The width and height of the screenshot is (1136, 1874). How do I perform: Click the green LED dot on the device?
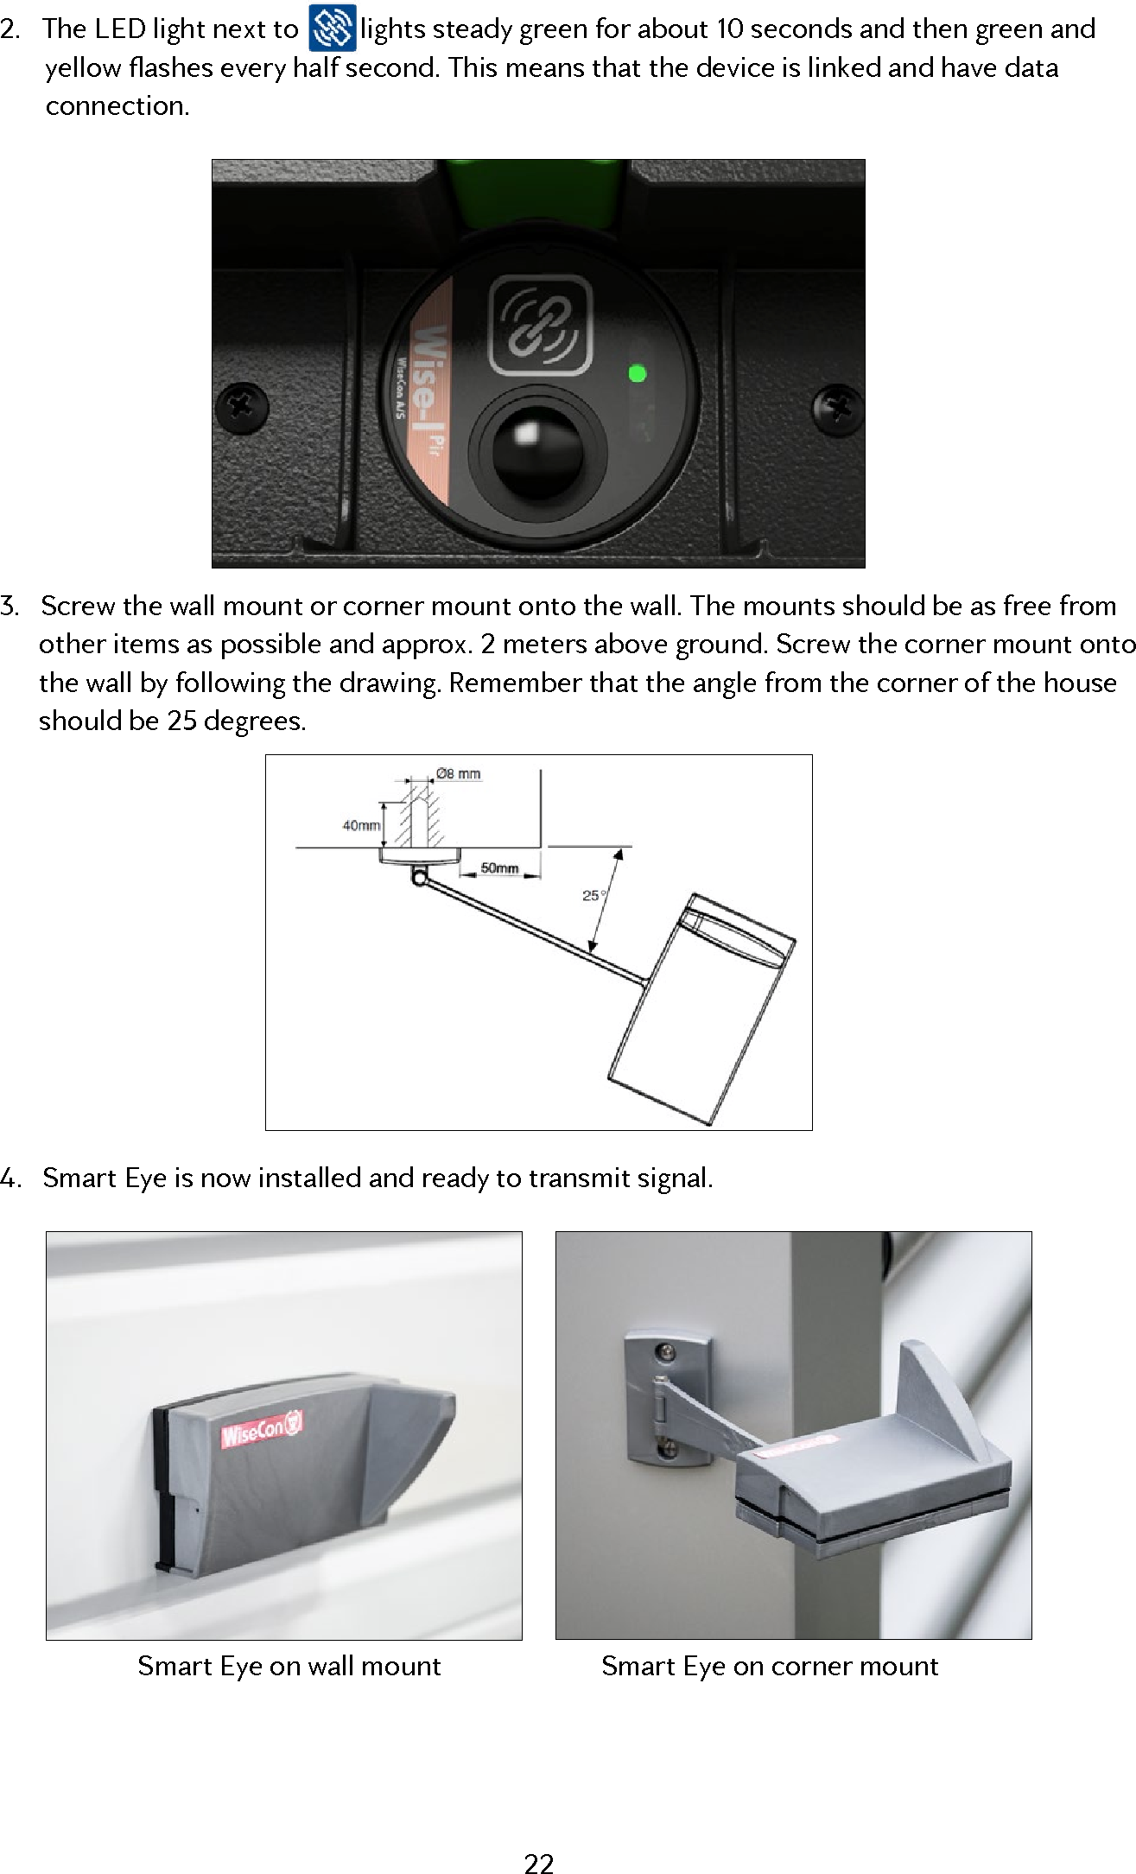pyautogui.click(x=638, y=374)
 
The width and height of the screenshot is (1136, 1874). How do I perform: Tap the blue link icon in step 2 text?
pyautogui.click(x=332, y=29)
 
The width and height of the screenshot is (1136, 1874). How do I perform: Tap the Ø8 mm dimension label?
pyautogui.click(x=458, y=773)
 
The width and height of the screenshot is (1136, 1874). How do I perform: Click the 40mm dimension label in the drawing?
pyautogui.click(x=360, y=825)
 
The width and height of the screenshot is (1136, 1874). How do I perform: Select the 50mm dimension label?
pyautogui.click(x=498, y=867)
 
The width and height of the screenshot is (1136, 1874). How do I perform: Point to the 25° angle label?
pyautogui.click(x=592, y=896)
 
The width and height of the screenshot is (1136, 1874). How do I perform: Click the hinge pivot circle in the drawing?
pyautogui.click(x=419, y=879)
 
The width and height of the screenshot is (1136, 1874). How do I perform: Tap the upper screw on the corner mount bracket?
pyautogui.click(x=664, y=1350)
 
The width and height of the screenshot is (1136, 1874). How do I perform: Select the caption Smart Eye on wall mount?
pyautogui.click(x=289, y=1665)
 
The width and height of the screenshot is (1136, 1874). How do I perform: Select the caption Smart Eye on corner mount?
pyautogui.click(x=769, y=1665)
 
